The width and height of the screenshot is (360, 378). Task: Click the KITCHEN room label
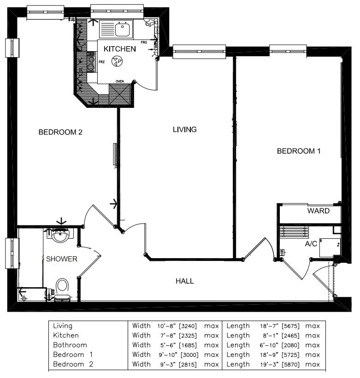tap(119, 49)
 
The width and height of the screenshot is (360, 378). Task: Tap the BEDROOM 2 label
tap(60, 132)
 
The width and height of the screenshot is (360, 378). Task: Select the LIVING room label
tap(185, 130)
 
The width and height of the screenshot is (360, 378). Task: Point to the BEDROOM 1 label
tap(298, 151)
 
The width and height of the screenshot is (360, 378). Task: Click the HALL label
tap(184, 281)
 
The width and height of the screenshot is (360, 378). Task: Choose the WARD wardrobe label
tap(319, 211)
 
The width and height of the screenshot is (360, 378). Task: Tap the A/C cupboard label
tap(311, 243)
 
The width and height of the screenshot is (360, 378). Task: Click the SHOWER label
tap(62, 259)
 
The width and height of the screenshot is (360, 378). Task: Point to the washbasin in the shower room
tap(60, 236)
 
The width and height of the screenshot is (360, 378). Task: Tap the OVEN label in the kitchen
tap(120, 82)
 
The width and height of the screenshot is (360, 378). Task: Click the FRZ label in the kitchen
tap(102, 61)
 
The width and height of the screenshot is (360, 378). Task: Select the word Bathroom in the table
tap(70, 345)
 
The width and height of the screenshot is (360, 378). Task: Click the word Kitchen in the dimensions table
tap(66, 336)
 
